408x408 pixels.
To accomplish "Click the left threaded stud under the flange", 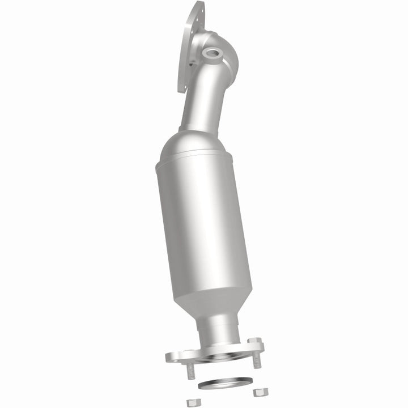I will pyautogui.click(x=190, y=371).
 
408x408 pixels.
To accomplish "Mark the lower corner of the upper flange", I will pyautogui.click(x=180, y=90).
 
